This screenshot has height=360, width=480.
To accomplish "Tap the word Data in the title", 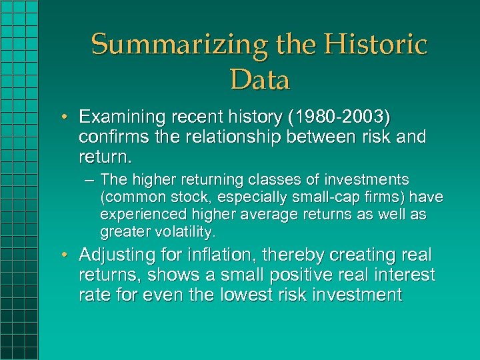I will [260, 80].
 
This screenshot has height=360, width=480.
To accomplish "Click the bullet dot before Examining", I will [69, 117].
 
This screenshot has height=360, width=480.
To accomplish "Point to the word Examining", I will [120, 117].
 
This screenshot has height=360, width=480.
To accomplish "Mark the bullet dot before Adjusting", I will [69, 255].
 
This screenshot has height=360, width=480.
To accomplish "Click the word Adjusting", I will [113, 256].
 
